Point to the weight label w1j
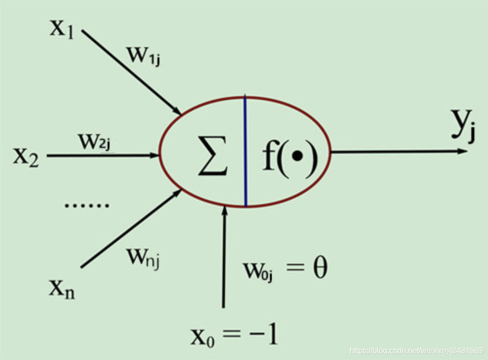coord(143,56)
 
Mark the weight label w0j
coord(258,270)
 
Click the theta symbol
coord(320,269)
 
